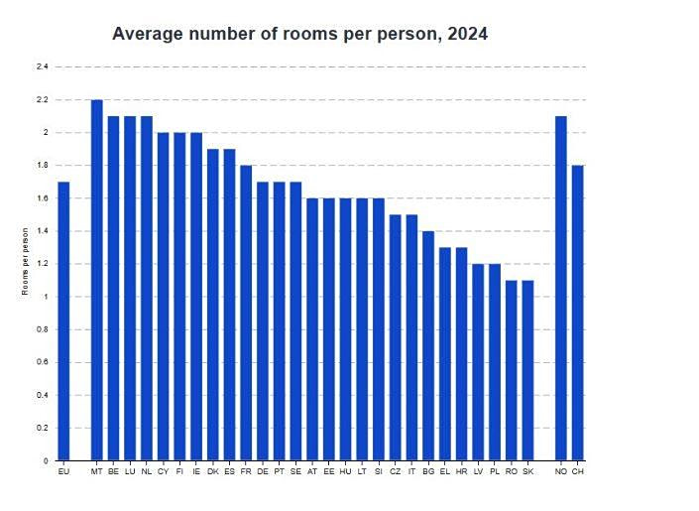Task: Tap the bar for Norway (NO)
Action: pyautogui.click(x=561, y=288)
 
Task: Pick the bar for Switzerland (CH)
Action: pyautogui.click(x=578, y=313)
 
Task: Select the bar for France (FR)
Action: pyautogui.click(x=246, y=313)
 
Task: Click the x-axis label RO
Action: pyautogui.click(x=511, y=471)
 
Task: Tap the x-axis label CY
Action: pyautogui.click(x=164, y=471)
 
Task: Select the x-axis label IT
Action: pyautogui.click(x=411, y=471)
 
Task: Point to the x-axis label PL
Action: pyautogui.click(x=495, y=471)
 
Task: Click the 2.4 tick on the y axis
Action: pyautogui.click(x=43, y=66)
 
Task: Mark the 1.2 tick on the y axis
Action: pyautogui.click(x=43, y=264)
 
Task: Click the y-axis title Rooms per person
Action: pyautogui.click(x=25, y=262)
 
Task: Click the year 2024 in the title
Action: pyautogui.click(x=467, y=34)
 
